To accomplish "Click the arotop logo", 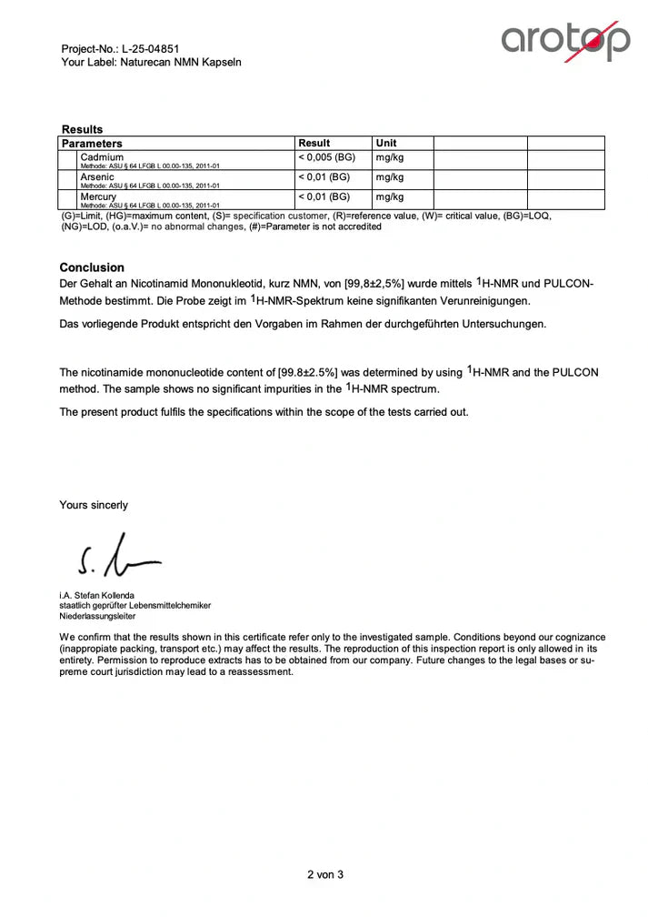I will [565, 41].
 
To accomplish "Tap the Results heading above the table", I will [82, 129].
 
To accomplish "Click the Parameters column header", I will [92, 144].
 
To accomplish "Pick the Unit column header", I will [386, 143].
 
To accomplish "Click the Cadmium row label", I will [102, 157].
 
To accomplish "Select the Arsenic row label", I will [98, 177].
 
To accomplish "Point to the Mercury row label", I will [98, 196].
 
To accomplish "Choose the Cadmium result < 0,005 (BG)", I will [328, 157].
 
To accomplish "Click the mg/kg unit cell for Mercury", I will [389, 196].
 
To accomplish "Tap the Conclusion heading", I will [92, 267].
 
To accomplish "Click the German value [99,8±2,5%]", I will [374, 285].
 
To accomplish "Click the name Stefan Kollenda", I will [115, 596].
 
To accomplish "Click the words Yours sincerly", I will [94, 505].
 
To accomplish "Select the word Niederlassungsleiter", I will [96, 616].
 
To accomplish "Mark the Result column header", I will [314, 143].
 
